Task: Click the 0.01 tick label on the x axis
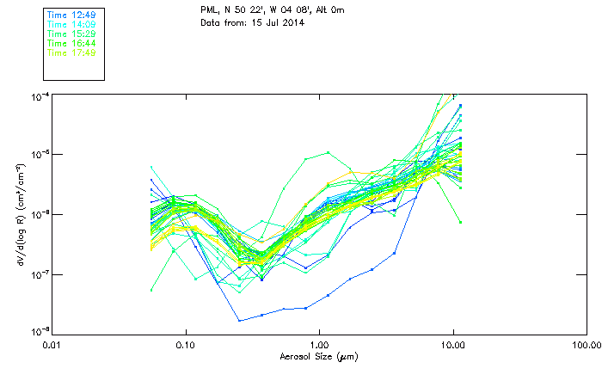tap(52, 346)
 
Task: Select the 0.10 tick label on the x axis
tap(186, 346)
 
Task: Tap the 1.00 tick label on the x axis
tap(319, 346)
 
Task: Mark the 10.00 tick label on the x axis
tap(452, 346)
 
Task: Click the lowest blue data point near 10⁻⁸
tap(240, 321)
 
